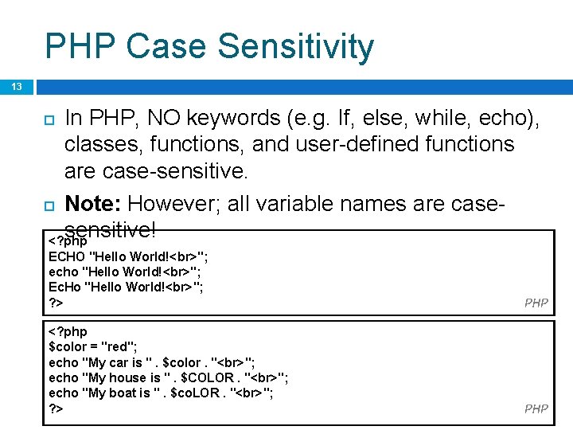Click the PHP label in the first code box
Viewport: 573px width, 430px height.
tap(536, 303)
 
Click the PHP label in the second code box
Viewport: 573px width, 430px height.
tap(536, 408)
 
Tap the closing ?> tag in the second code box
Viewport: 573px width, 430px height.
tap(56, 408)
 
